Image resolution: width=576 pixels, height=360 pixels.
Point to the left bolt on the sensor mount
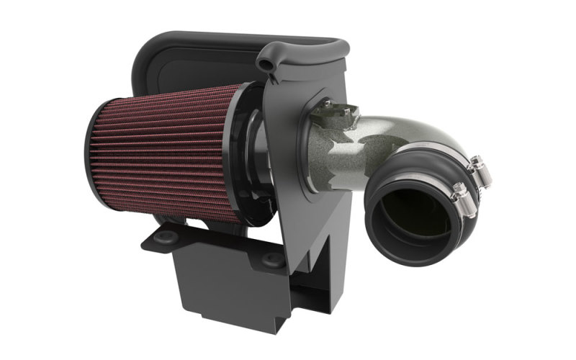coord(328,104)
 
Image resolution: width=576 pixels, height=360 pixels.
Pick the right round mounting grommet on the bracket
coord(273,260)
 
